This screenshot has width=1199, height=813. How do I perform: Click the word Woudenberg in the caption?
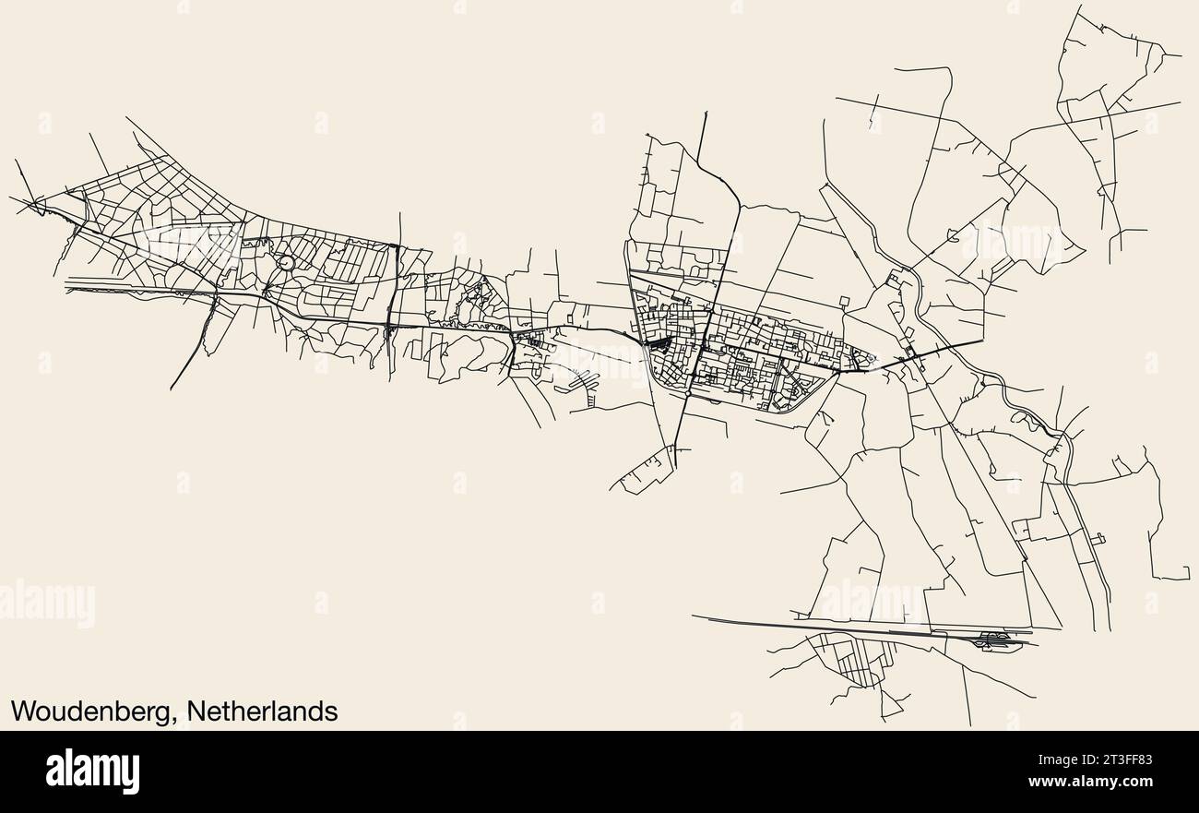pyautogui.click(x=93, y=711)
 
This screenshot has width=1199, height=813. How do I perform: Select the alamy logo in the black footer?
pyautogui.click(x=92, y=771)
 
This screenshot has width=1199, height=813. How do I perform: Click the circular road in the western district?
pyautogui.click(x=286, y=263)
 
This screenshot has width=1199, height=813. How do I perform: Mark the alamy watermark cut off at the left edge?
pyautogui.click(x=46, y=604)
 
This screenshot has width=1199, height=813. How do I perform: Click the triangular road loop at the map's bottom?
pyautogui.click(x=889, y=706)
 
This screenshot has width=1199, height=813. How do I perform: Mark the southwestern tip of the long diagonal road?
pyautogui.click(x=172, y=389)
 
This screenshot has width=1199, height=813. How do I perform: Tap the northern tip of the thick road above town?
pyautogui.click(x=706, y=113)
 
